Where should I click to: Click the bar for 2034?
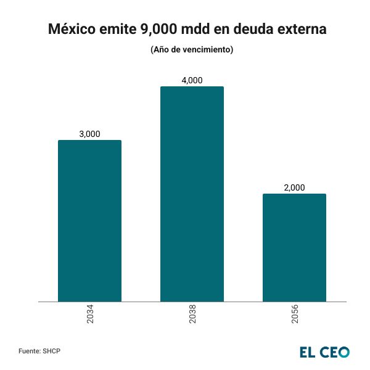pyautogui.click(x=89, y=221)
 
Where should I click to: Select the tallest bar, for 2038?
pyautogui.click(x=192, y=194)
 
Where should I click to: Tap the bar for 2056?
pyautogui.click(x=294, y=247)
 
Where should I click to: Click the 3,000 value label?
pyautogui.click(x=89, y=134)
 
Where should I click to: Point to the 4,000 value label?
pyautogui.click(x=192, y=80)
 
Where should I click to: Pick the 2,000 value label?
pyautogui.click(x=294, y=187)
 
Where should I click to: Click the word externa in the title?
pyautogui.click(x=297, y=30)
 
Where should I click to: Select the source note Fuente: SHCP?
pyautogui.click(x=39, y=351)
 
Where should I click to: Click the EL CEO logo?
pyautogui.click(x=324, y=351)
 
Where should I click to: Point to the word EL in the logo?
pyautogui.click(x=308, y=351)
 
